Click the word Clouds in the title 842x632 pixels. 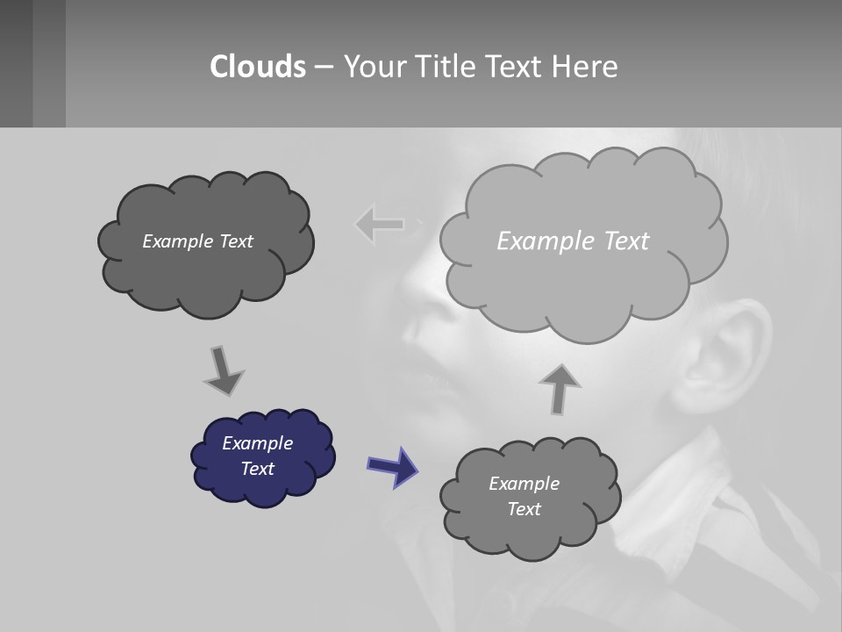point(258,67)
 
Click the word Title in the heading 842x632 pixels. point(443,67)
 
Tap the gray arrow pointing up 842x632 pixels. point(560,388)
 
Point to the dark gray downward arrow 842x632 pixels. point(223,371)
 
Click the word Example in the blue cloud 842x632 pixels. point(257,443)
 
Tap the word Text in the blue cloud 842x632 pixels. point(258,469)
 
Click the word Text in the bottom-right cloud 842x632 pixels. point(524,509)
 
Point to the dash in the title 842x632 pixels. point(324,67)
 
